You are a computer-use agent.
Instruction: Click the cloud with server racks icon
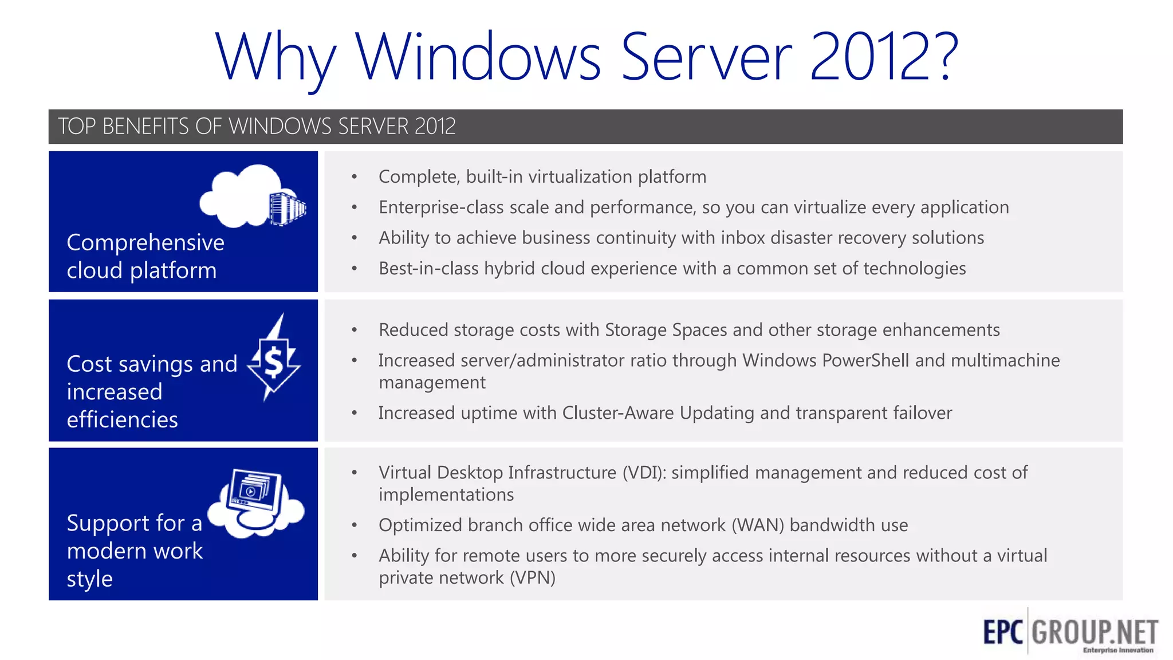click(252, 197)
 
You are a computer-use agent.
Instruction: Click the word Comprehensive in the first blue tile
click(145, 243)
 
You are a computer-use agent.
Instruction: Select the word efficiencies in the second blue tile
click(122, 420)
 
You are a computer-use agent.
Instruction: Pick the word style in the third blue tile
click(89, 579)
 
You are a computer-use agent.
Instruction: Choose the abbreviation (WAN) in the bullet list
click(757, 525)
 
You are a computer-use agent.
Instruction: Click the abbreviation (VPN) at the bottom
click(532, 577)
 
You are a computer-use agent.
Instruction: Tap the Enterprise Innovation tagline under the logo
click(1117, 650)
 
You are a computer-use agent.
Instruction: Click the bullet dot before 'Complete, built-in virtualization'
click(355, 177)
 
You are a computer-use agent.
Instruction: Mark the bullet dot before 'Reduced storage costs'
click(355, 330)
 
